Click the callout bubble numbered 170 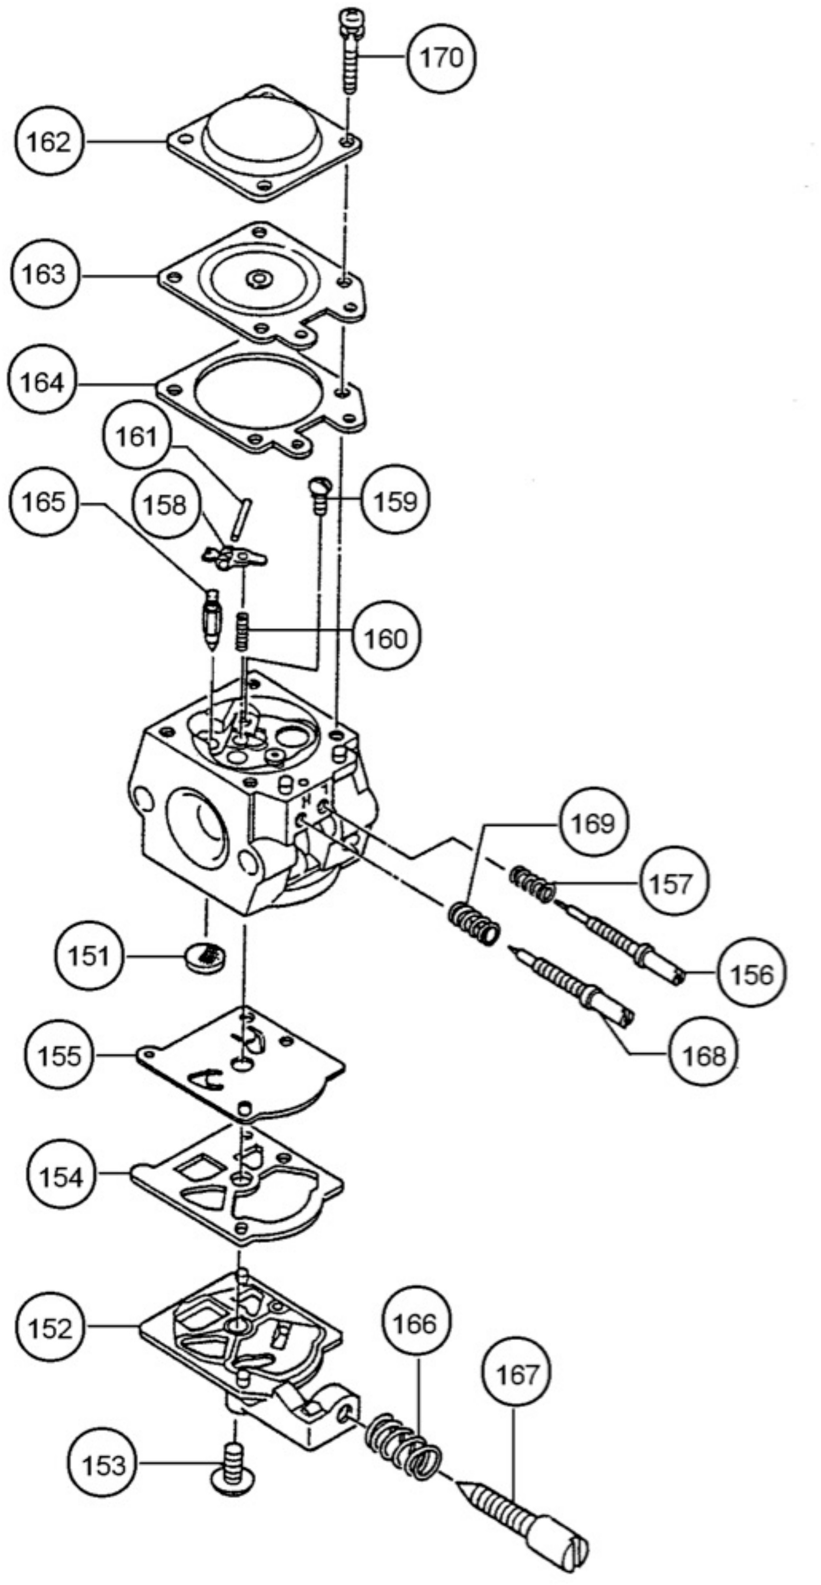click(x=441, y=58)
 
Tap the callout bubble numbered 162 click(x=48, y=143)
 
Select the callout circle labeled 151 click(x=88, y=957)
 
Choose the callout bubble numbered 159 click(x=395, y=501)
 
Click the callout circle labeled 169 click(x=592, y=823)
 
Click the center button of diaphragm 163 click(x=259, y=279)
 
